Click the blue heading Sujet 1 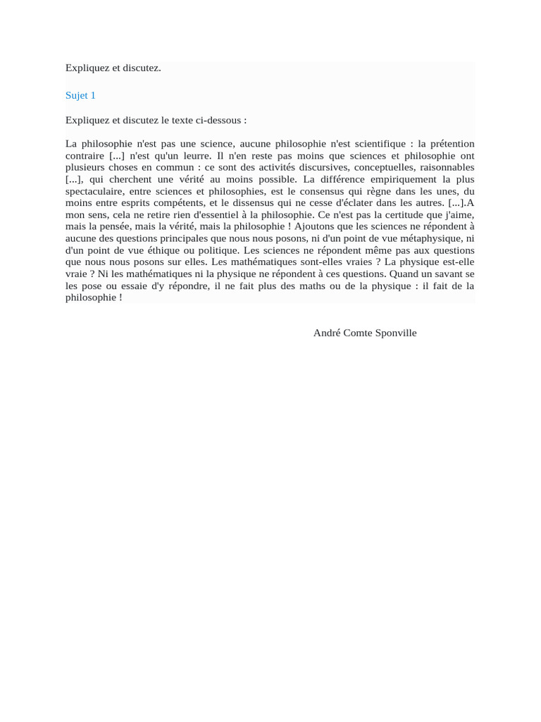coord(80,95)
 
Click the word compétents coord(170,203)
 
